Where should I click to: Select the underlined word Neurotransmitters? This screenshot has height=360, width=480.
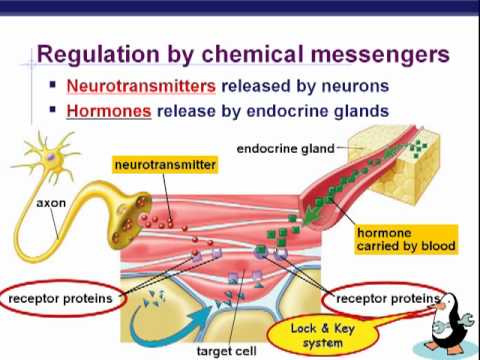click(x=136, y=86)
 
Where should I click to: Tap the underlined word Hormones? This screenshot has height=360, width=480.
click(x=108, y=111)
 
